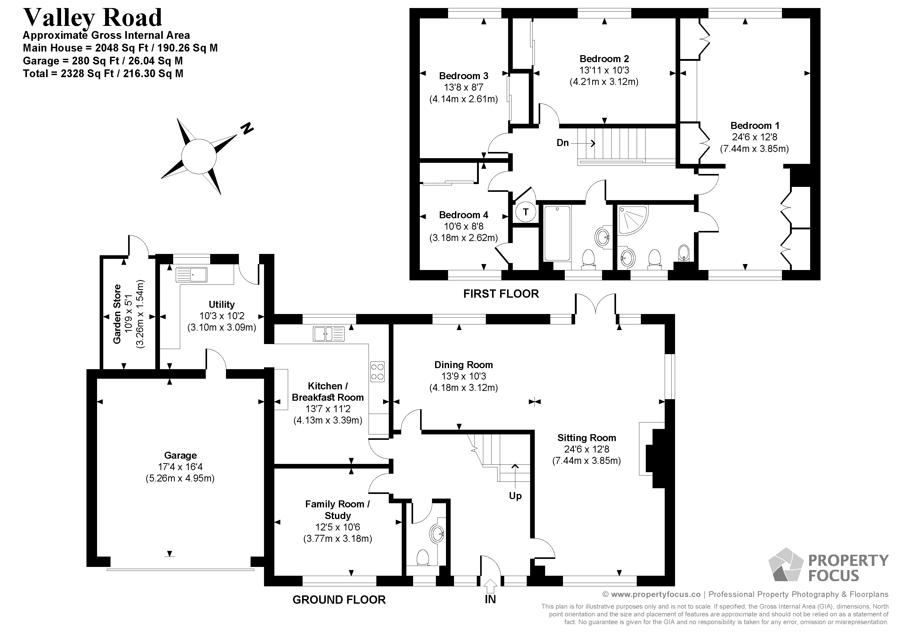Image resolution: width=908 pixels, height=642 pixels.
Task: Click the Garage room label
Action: [x=180, y=455]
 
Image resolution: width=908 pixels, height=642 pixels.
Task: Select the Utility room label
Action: [x=222, y=304]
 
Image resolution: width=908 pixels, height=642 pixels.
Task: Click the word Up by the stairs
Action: [x=515, y=496]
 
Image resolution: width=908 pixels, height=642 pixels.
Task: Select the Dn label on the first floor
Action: [x=562, y=143]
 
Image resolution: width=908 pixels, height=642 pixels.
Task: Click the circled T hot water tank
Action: [x=526, y=212]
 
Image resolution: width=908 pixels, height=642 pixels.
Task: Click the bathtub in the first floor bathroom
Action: [x=557, y=234]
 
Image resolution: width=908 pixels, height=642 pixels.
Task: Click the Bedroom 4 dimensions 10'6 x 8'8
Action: [x=464, y=226]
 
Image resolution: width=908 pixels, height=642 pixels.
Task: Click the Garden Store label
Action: [x=117, y=314]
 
